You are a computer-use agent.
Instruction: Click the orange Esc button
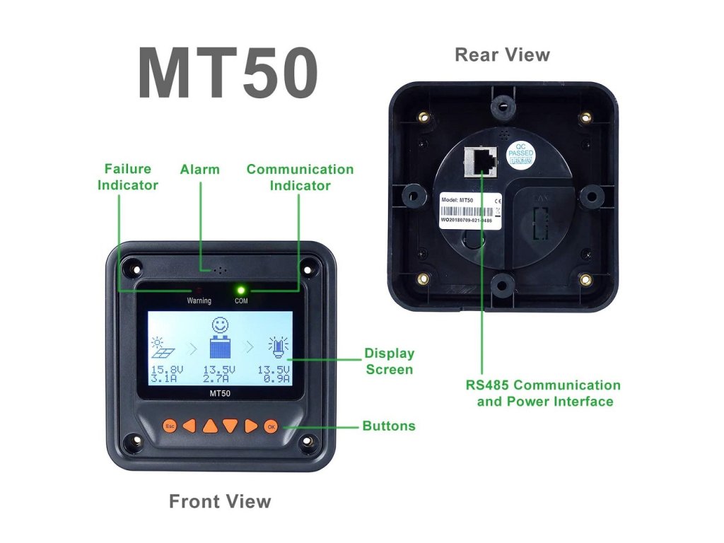click(170, 426)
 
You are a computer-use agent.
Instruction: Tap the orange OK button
click(271, 426)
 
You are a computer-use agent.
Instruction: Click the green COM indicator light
click(241, 290)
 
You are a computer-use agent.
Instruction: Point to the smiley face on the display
click(221, 326)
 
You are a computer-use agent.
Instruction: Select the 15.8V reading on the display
click(165, 370)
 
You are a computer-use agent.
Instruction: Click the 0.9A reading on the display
click(274, 379)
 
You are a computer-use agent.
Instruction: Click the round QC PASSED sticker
click(521, 156)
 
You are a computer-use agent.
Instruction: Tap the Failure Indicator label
click(128, 177)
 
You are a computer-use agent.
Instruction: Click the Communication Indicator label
click(300, 177)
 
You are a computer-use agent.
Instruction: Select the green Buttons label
click(389, 426)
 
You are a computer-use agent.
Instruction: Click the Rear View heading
click(502, 54)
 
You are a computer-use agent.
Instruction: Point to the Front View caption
click(220, 502)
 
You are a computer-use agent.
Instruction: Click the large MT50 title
click(227, 74)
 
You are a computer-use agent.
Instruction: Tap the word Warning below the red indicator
click(199, 300)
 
